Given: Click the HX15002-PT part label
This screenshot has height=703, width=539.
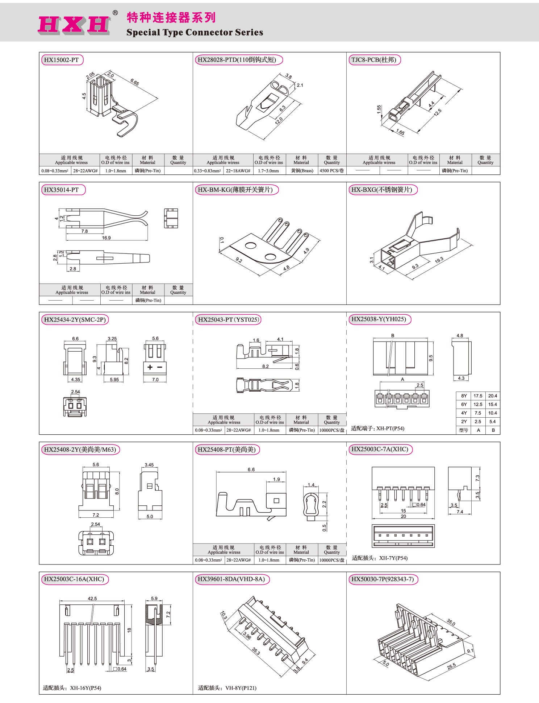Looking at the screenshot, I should (61, 60).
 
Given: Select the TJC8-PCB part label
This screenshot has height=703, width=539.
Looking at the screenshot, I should (374, 60).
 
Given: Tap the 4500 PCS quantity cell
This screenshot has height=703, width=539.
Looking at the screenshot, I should (332, 171).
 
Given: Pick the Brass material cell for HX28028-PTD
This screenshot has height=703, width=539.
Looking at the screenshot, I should (302, 171).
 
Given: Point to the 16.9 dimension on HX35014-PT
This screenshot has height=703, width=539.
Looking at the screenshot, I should (106, 238).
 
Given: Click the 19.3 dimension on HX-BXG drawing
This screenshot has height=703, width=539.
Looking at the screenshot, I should (439, 260).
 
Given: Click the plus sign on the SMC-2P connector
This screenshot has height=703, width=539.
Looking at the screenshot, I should (150, 367).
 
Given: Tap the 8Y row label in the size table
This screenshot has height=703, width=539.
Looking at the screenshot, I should (464, 396).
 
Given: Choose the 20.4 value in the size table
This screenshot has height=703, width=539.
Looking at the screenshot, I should (492, 396).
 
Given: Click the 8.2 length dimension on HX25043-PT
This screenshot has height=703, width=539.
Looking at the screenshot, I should (266, 366).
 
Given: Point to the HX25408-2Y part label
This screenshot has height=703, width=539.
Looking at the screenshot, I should (80, 450).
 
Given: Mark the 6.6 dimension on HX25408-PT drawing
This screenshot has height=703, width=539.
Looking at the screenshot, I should (251, 470).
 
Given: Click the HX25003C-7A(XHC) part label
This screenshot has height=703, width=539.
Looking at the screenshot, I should (380, 449).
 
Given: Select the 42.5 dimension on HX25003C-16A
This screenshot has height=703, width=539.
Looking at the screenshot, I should (92, 599).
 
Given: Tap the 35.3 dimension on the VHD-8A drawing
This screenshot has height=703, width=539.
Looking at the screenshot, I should (256, 651).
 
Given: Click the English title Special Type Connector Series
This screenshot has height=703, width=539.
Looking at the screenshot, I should (195, 33).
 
